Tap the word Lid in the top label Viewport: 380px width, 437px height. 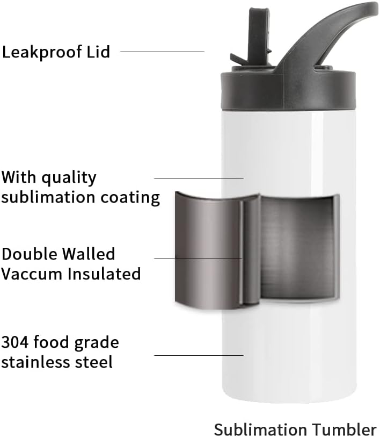[x=99, y=52]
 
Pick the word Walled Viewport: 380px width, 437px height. [x=89, y=254]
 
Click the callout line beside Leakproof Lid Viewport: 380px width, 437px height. [x=162, y=52]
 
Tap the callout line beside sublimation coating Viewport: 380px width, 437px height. [x=199, y=178]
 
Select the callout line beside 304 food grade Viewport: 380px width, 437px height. [x=199, y=355]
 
